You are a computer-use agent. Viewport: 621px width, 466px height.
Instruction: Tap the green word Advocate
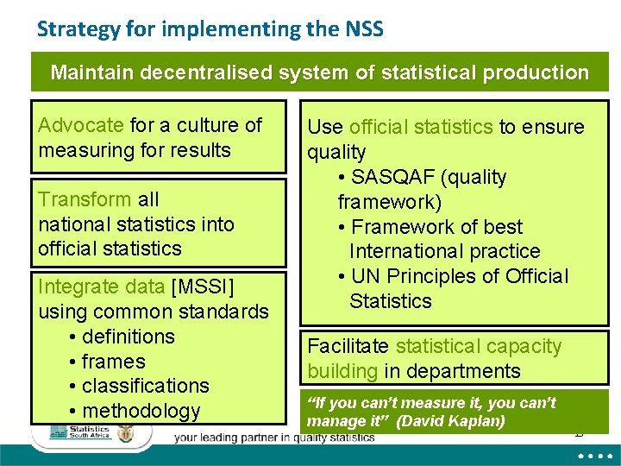click(81, 125)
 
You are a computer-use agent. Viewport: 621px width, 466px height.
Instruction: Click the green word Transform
click(85, 199)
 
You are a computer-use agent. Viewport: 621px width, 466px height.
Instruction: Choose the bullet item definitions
click(128, 337)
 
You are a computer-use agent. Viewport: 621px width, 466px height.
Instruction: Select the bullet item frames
click(113, 362)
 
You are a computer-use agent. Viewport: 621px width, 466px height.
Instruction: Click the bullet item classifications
click(145, 386)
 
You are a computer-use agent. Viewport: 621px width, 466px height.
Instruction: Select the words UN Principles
click(411, 277)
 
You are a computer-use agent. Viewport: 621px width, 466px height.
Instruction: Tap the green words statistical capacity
click(478, 347)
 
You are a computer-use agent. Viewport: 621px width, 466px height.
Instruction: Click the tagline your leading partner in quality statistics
click(274, 438)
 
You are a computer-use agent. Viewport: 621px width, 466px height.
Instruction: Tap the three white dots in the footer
click(591, 455)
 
